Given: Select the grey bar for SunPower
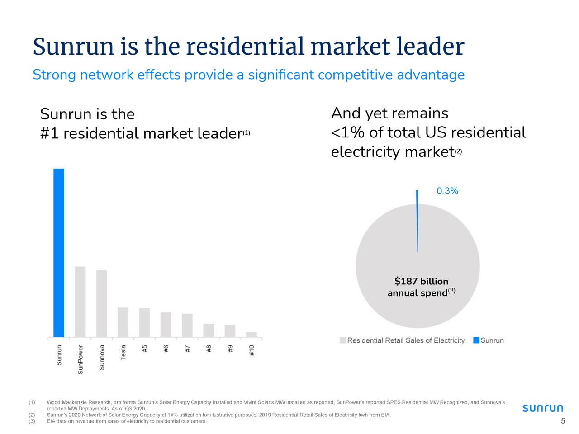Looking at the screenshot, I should coord(80,302).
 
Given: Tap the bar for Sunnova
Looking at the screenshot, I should coord(101,303).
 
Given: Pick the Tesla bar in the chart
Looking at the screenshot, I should coord(123,322).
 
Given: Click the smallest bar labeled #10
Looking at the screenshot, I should coord(252,335).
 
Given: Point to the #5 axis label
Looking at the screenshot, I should coord(144,349).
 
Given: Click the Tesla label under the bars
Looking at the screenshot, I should coord(123,353).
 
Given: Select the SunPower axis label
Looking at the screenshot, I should coord(81,360).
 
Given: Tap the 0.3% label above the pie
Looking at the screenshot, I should coord(447,191).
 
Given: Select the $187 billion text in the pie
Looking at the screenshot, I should coord(421,282).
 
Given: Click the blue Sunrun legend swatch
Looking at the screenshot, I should coord(476,340).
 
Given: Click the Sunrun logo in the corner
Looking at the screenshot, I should coord(543,408).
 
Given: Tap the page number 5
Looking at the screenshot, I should coord(563,421).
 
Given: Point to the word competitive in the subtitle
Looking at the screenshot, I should coord(355,75).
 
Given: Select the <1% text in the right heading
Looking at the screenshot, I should coord(348,133).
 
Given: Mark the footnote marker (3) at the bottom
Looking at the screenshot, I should coord(32,421).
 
